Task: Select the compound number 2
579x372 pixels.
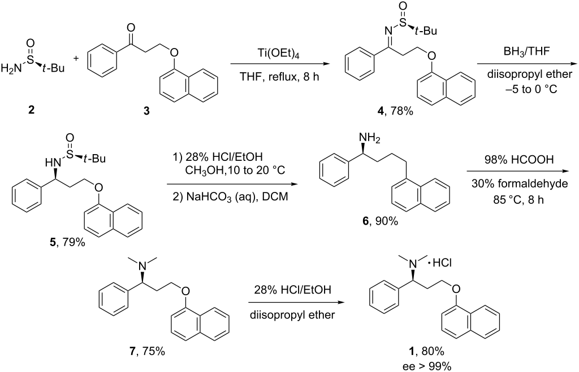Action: point(32,110)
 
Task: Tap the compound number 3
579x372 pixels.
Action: point(146,111)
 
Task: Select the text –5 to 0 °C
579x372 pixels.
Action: point(526,89)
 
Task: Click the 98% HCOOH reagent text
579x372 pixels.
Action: point(519,160)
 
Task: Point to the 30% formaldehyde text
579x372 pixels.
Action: point(520,183)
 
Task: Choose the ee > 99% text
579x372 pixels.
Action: point(427,366)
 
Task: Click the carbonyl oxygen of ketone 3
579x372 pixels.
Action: point(130,28)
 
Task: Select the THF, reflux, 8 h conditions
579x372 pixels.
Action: point(279,77)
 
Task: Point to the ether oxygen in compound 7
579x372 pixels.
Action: point(185,292)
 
